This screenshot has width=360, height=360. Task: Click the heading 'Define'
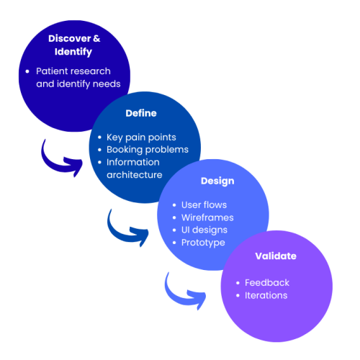(141, 113)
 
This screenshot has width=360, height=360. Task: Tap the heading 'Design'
(217, 181)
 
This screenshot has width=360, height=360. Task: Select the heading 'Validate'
(276, 256)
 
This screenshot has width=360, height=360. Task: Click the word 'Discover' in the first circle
(70, 38)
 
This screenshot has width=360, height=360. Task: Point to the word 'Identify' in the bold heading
(73, 52)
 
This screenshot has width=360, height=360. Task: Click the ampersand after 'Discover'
(96, 38)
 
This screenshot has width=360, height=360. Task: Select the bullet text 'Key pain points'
(141, 138)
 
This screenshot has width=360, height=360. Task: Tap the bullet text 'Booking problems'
(148, 150)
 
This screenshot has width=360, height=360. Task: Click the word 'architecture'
(135, 175)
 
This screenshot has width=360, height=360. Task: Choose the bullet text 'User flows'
(204, 205)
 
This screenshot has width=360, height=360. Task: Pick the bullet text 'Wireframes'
(207, 217)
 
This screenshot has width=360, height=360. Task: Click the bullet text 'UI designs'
(204, 230)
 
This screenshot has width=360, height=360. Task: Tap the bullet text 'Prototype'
(203, 243)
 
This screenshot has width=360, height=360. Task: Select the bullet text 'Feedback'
(267, 283)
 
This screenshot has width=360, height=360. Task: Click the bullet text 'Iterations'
(266, 295)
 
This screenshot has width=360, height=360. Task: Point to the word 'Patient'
(50, 71)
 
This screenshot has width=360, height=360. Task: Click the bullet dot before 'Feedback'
(238, 283)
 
